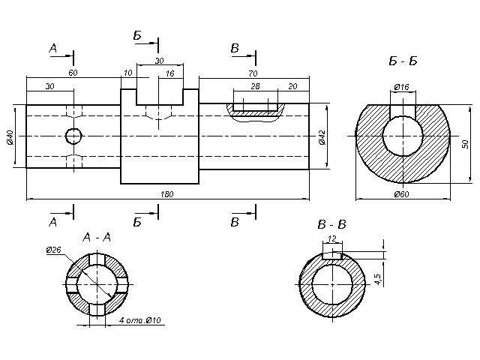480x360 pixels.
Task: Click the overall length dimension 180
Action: pyautogui.click(x=168, y=195)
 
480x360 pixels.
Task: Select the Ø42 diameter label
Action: pyautogui.click(x=322, y=137)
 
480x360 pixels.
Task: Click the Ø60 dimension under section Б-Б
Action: pyautogui.click(x=401, y=195)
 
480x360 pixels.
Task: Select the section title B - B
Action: pyautogui.click(x=332, y=224)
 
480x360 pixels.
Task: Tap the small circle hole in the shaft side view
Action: pyautogui.click(x=73, y=136)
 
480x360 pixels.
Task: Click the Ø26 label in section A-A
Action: pyautogui.click(x=54, y=250)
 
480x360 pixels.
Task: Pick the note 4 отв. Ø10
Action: pyautogui.click(x=140, y=320)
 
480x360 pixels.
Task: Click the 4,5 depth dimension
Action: pyautogui.click(x=377, y=278)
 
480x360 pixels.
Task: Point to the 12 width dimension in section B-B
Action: pyautogui.click(x=331, y=238)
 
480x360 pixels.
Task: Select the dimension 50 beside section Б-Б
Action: pyautogui.click(x=463, y=143)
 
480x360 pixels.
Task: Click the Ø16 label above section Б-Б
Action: pyautogui.click(x=402, y=88)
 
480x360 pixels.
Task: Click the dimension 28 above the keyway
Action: pyautogui.click(x=254, y=87)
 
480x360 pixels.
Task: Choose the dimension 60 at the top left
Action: pyautogui.click(x=73, y=73)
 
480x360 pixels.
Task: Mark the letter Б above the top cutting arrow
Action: pyautogui.click(x=138, y=35)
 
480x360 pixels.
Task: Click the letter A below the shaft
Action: pyautogui.click(x=52, y=223)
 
